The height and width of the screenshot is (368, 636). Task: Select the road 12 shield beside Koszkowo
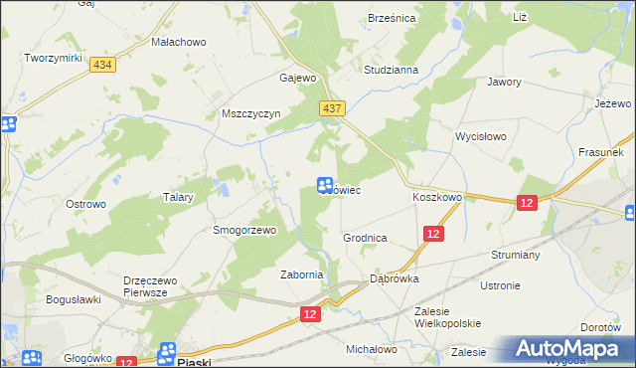(527, 202)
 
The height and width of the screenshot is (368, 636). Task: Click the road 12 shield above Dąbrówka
(432, 233)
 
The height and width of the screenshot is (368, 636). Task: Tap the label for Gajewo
(298, 78)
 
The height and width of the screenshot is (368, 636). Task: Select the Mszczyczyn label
(252, 114)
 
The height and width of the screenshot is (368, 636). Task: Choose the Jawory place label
(505, 83)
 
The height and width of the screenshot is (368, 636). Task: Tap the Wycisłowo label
(481, 135)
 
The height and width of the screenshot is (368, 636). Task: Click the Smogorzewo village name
(243, 230)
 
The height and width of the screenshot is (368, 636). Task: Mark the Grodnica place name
(365, 239)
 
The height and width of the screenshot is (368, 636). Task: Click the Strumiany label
(515, 255)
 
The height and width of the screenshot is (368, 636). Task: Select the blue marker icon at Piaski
(167, 352)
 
